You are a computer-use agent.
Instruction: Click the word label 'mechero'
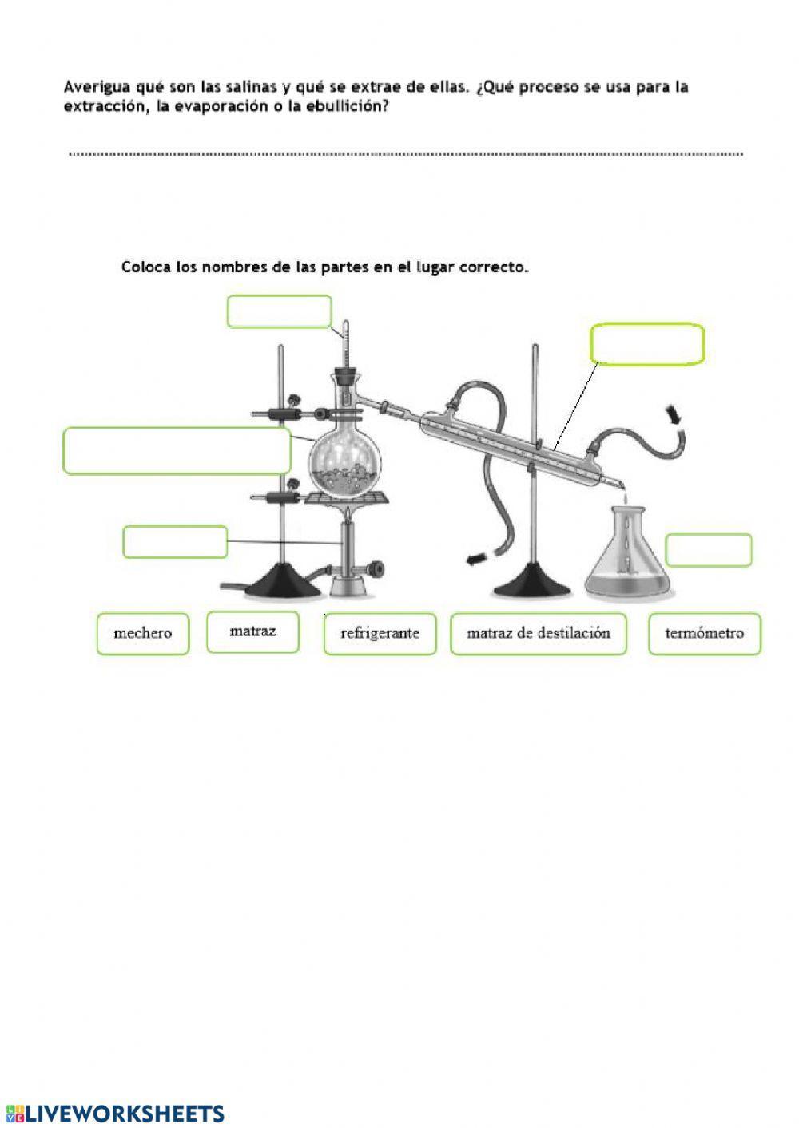143,634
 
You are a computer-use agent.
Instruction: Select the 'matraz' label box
252,631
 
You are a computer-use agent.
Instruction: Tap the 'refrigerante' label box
380,634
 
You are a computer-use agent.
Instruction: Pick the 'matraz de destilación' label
538,634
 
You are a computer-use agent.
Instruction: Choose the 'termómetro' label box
704,634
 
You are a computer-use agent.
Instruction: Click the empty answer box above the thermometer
279,311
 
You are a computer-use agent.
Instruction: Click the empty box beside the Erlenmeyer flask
708,550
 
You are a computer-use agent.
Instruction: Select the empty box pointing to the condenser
646,344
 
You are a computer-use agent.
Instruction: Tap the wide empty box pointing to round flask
177,451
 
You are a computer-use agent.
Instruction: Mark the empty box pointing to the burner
175,542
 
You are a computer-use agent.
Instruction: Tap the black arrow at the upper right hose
675,414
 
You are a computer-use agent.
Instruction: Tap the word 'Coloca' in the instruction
146,267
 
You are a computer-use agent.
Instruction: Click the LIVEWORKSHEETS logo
116,1114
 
